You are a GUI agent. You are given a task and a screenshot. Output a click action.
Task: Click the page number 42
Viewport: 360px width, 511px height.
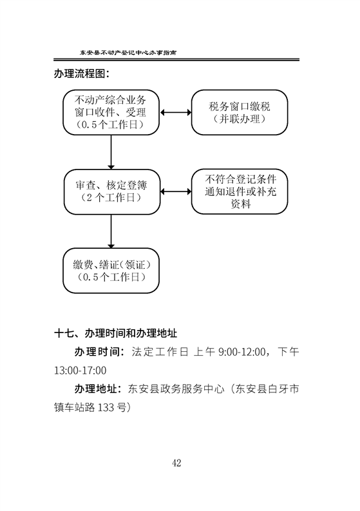coord(176,463)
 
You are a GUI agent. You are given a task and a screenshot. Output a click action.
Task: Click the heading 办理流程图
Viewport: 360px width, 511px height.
coord(81,74)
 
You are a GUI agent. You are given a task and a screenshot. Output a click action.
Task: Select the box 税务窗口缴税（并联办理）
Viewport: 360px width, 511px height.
coord(240,112)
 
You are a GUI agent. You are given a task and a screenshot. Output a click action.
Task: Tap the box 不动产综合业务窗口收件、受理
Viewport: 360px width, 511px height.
coord(111,112)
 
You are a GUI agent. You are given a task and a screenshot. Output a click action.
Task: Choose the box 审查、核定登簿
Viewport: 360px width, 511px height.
coord(112,191)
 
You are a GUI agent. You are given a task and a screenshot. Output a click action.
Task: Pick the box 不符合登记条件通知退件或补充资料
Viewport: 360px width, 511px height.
coord(240,191)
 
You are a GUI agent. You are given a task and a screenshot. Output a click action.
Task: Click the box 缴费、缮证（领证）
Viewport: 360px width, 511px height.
coord(111,271)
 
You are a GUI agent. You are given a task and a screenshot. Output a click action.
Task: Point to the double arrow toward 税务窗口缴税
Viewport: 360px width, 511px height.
coord(176,112)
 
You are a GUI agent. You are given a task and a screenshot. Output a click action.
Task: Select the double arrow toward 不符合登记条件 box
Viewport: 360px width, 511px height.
coord(176,191)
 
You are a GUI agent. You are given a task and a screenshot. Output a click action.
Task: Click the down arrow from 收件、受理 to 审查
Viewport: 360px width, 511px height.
coord(111,152)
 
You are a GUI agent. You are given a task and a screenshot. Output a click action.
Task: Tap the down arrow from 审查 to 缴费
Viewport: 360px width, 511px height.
coord(111,231)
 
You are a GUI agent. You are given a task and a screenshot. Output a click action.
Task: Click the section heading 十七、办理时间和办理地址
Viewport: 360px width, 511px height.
coord(116,333)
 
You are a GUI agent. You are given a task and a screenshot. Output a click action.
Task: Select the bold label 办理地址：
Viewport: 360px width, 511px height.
coord(99,389)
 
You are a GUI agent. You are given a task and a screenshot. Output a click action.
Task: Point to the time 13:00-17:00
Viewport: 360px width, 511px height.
coord(80,371)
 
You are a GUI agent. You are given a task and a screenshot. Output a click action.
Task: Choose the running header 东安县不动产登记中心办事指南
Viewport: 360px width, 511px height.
coord(128,52)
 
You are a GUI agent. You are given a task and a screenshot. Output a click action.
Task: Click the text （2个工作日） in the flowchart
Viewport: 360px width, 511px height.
coord(111,198)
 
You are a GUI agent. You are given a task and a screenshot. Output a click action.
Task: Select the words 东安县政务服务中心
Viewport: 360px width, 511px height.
coord(176,389)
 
